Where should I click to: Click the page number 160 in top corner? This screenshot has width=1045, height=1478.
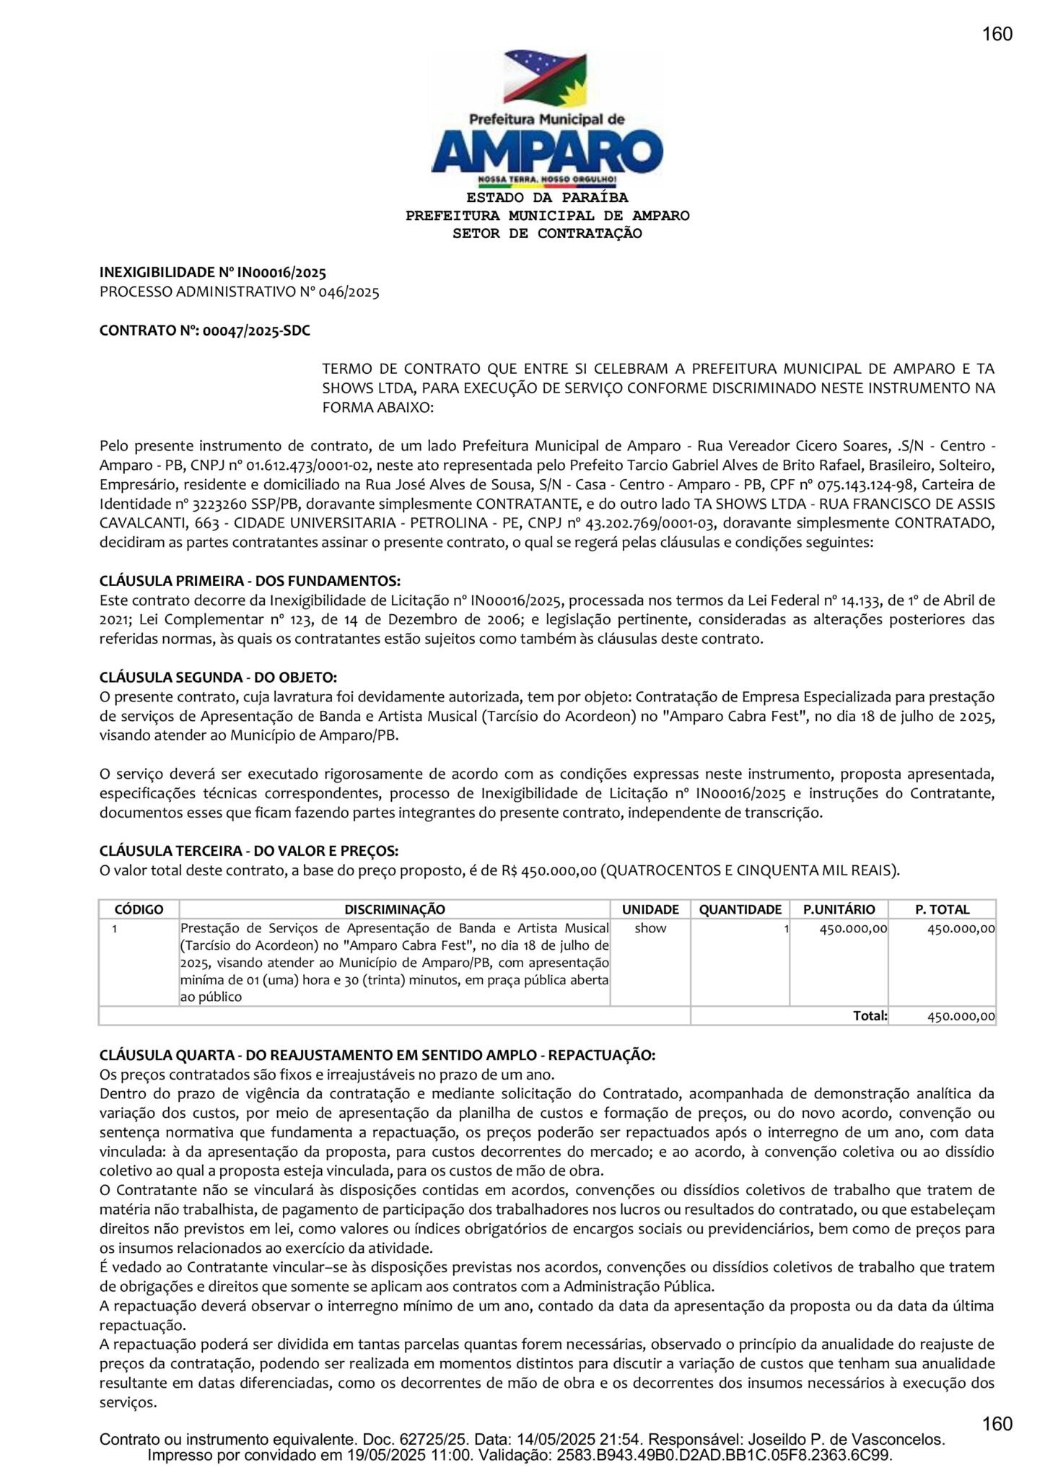(x=997, y=34)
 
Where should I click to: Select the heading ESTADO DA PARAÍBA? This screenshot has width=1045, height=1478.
(x=547, y=198)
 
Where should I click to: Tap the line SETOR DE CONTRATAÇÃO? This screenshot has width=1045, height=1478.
(x=547, y=233)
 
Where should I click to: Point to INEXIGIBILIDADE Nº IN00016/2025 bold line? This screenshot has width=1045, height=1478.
(x=212, y=273)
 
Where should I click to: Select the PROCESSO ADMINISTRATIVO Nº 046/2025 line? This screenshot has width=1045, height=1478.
(x=239, y=292)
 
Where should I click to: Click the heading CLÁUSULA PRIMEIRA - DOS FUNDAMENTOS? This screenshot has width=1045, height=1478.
(x=250, y=581)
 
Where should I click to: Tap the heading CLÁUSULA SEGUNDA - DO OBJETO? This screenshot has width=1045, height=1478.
(x=218, y=678)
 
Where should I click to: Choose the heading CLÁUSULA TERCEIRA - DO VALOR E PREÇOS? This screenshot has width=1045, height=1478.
(x=249, y=852)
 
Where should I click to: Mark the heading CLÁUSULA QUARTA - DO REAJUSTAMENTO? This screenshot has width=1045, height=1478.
(x=377, y=1055)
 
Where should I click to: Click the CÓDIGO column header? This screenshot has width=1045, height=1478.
(x=139, y=909)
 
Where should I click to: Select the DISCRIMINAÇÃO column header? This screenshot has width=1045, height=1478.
(x=395, y=909)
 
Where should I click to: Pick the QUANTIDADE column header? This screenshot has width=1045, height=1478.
(x=740, y=909)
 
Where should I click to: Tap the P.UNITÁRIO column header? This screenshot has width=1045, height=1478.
(x=839, y=909)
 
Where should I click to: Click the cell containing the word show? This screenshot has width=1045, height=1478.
(x=650, y=929)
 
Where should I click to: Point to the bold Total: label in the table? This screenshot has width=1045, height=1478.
(x=870, y=1015)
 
